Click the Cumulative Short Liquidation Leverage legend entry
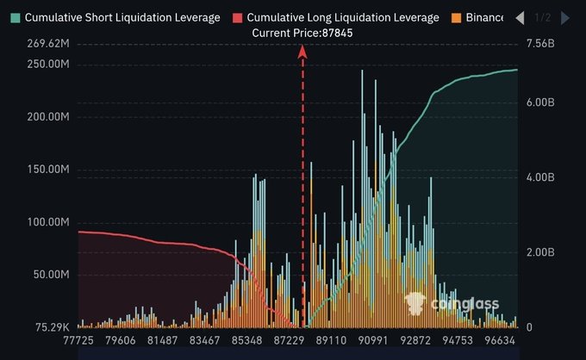click(115, 17)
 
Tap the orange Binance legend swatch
click(457, 17)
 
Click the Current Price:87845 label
click(302, 33)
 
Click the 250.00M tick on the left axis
click(48, 65)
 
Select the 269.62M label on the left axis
click(48, 45)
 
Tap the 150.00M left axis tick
click(48, 170)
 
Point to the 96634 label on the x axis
click(497, 342)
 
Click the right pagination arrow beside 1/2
click(564, 17)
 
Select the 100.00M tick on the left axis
click(48, 222)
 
